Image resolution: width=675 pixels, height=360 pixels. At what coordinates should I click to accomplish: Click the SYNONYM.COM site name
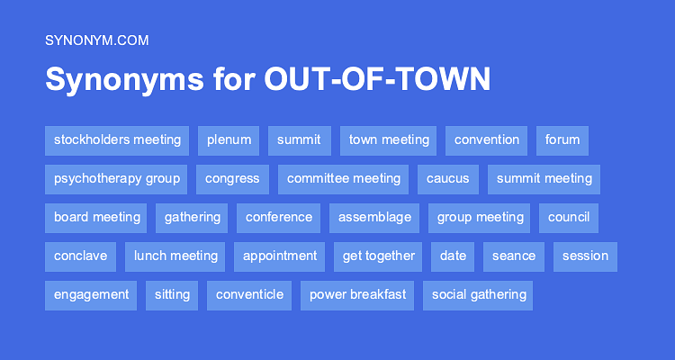(x=97, y=40)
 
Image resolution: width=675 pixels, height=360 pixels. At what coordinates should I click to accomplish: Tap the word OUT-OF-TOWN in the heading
(x=377, y=79)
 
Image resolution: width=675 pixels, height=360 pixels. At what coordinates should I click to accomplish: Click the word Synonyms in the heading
(x=125, y=80)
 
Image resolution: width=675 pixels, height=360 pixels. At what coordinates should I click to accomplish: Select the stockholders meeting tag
(x=117, y=140)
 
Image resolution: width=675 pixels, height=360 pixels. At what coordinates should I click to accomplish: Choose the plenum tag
(x=229, y=140)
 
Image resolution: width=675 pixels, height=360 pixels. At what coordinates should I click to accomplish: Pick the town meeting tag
(x=388, y=140)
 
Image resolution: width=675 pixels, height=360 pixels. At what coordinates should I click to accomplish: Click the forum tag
(x=562, y=140)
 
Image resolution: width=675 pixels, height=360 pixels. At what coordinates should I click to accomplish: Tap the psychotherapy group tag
(x=116, y=179)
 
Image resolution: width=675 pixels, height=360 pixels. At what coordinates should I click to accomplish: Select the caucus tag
(x=448, y=179)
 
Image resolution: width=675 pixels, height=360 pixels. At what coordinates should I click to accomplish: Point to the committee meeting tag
(x=343, y=179)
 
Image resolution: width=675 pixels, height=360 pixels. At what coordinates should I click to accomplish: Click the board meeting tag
(x=96, y=218)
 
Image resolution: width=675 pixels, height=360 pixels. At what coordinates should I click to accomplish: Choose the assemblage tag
(x=374, y=218)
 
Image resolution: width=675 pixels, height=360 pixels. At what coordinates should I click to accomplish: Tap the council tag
(x=569, y=218)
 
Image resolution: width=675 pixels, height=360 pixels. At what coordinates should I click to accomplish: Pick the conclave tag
(x=80, y=256)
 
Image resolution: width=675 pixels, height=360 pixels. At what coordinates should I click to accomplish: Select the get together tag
(x=378, y=256)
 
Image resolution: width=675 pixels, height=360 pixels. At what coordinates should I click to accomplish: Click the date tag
(x=453, y=256)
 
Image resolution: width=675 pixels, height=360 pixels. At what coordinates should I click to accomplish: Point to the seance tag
(x=514, y=256)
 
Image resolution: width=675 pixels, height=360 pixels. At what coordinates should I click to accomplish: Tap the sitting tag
(x=172, y=295)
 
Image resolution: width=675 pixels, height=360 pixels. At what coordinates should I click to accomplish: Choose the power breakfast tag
(x=357, y=295)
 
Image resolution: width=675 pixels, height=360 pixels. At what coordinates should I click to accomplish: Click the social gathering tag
(x=478, y=295)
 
